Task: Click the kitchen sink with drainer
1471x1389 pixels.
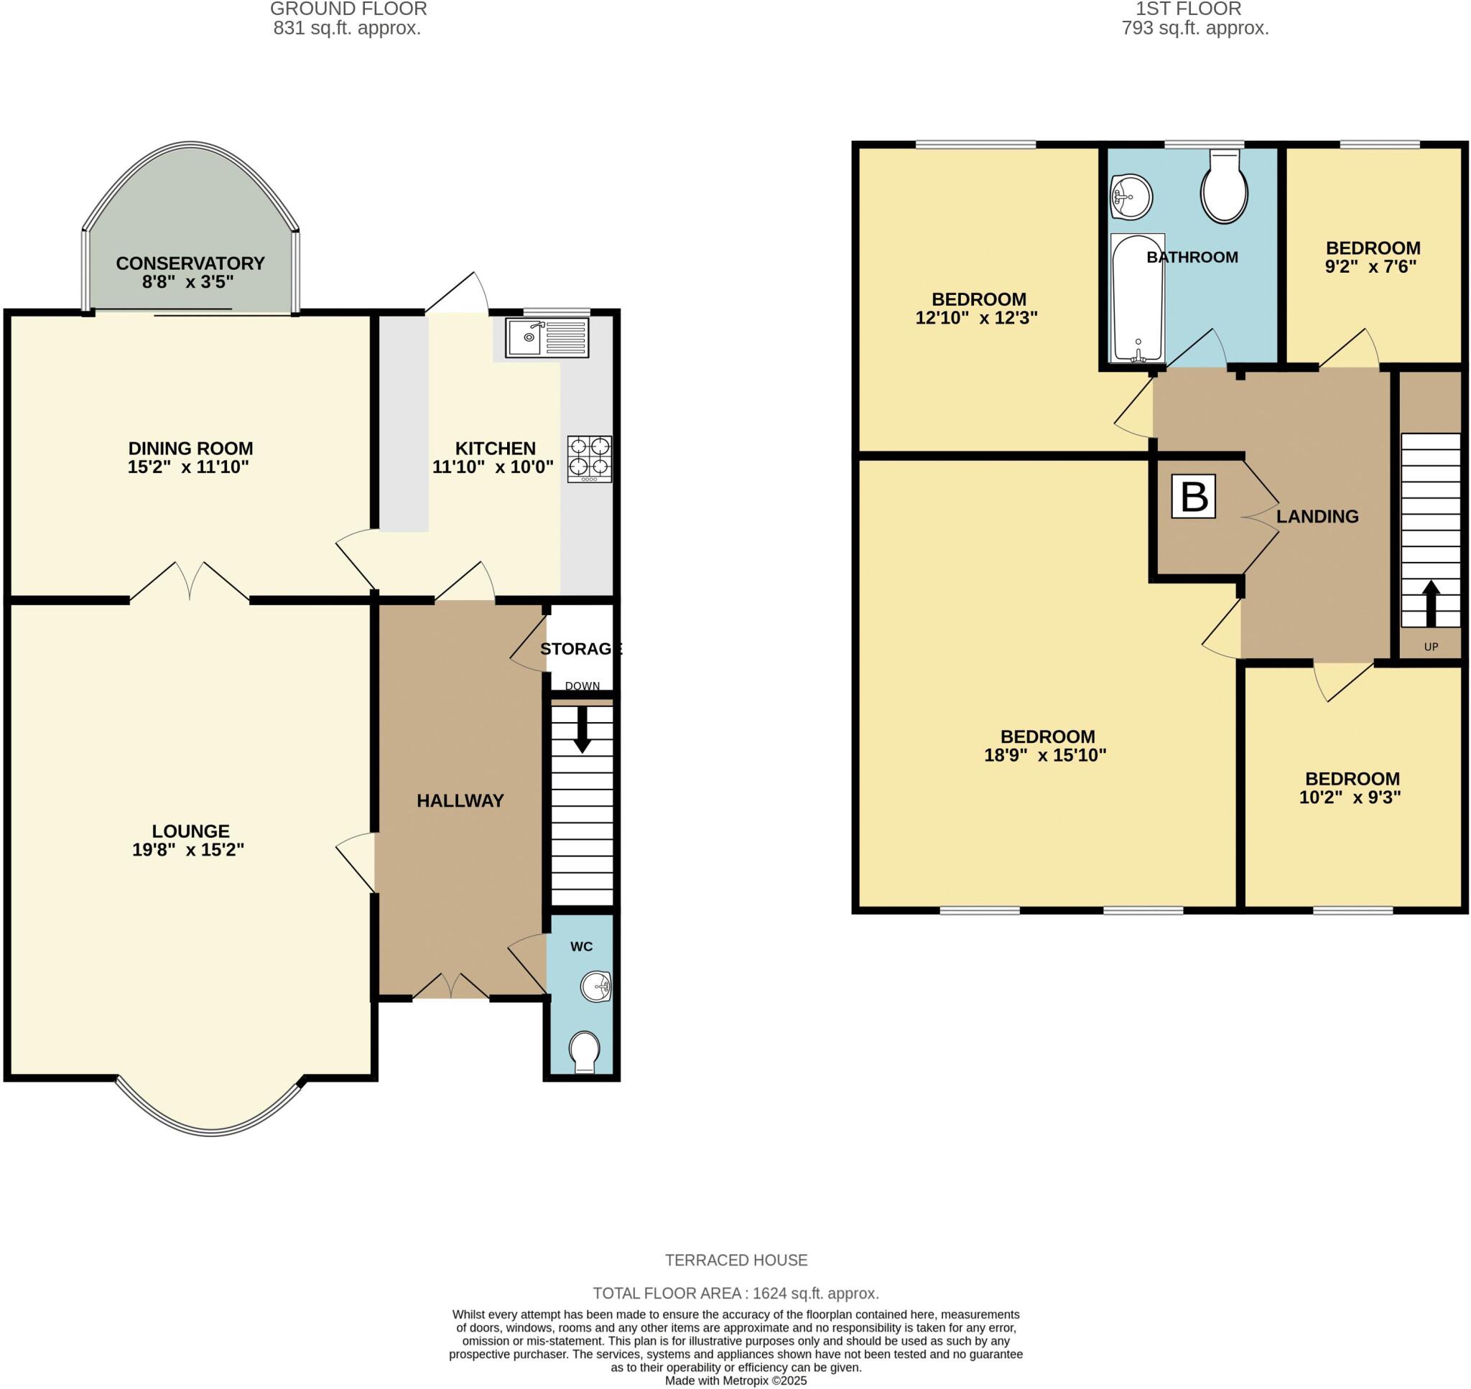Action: [547, 337]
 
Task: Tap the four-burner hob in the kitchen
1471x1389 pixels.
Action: [590, 459]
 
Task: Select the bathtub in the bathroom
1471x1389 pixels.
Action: [1138, 299]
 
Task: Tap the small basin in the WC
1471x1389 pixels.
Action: [595, 987]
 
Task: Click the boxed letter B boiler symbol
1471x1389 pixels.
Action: [1193, 496]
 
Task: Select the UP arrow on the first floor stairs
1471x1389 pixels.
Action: [1430, 604]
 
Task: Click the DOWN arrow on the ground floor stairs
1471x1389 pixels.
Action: [583, 729]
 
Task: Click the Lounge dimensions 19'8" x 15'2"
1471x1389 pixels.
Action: [188, 850]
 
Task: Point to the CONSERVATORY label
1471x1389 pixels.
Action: [190, 263]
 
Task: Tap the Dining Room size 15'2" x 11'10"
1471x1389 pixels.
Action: [188, 467]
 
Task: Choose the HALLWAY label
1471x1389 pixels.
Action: [460, 800]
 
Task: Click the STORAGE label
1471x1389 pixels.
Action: [580, 649]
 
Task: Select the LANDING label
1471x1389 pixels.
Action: [1317, 517]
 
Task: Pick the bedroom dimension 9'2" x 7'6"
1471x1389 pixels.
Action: [1370, 266]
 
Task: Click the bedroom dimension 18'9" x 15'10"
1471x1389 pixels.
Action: [1045, 755]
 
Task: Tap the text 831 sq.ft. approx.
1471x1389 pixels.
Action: [347, 28]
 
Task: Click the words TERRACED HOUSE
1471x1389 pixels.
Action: [735, 1261]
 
